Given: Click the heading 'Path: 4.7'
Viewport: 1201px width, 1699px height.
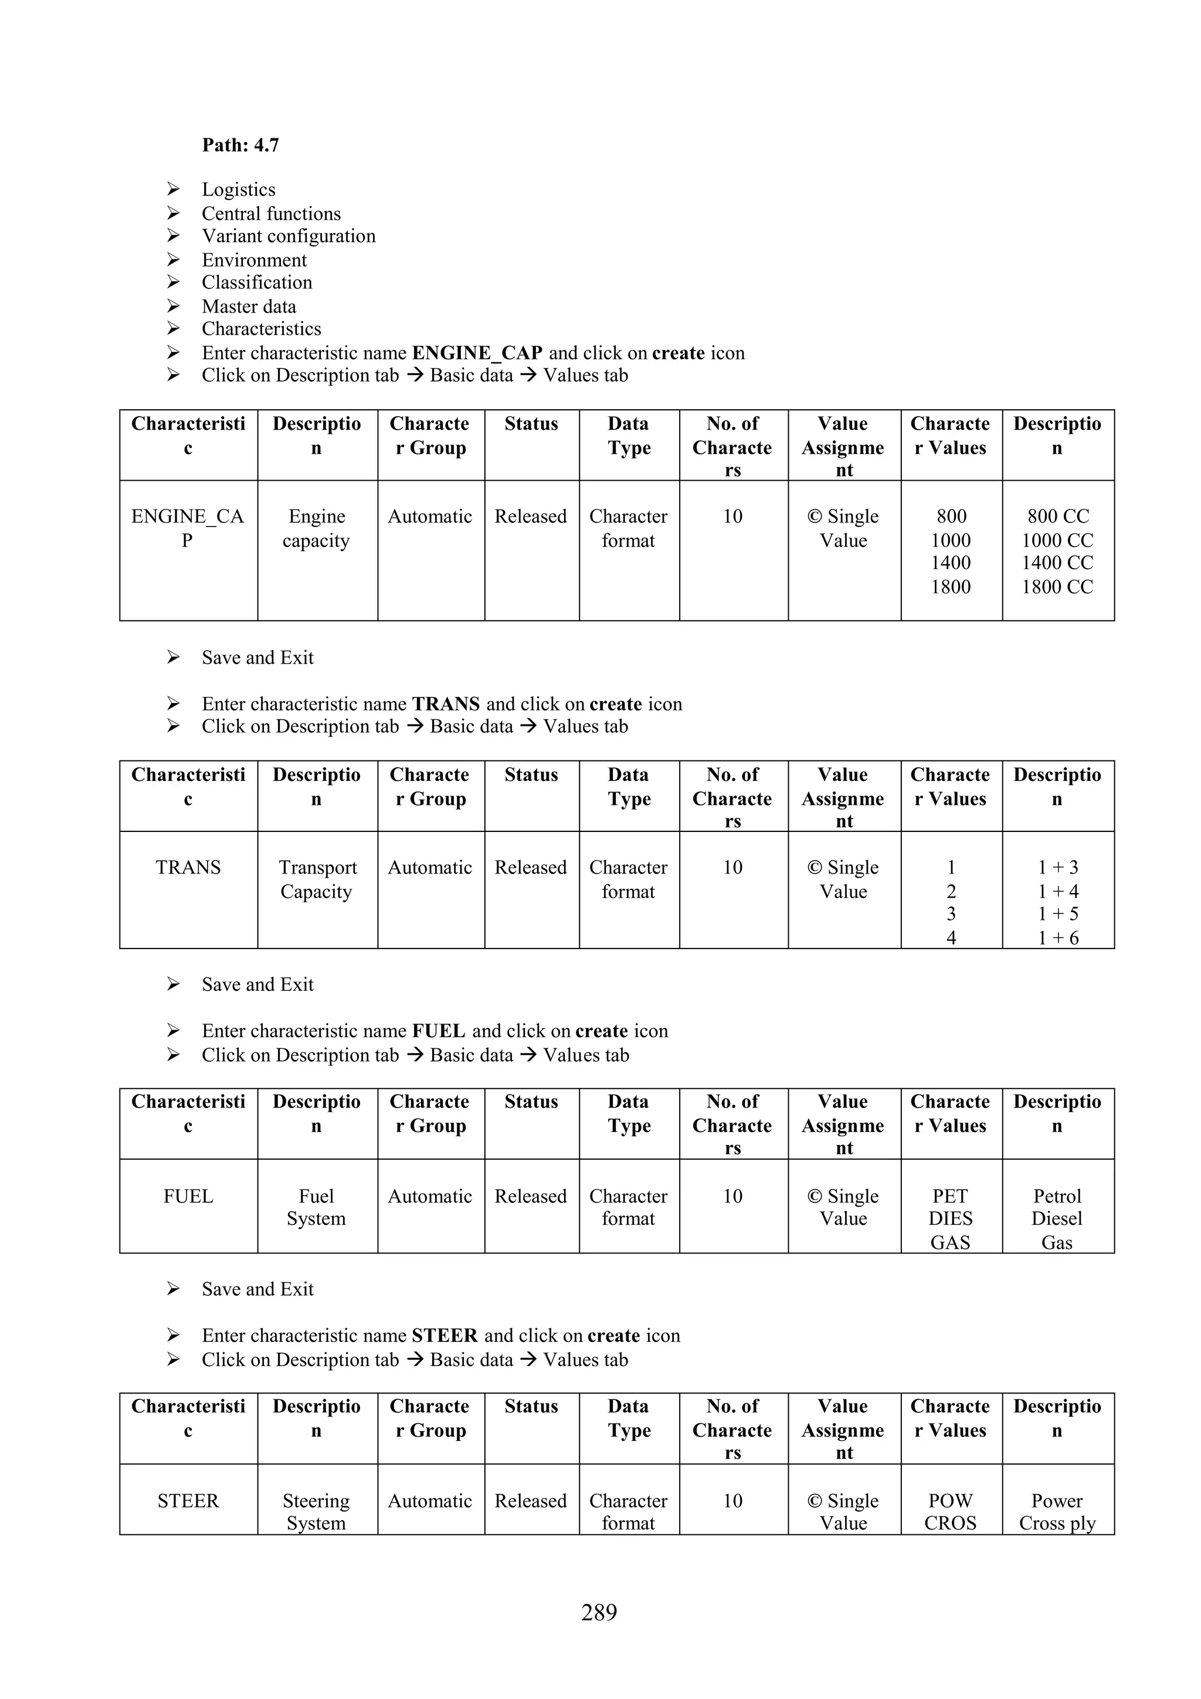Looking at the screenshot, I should tap(240, 145).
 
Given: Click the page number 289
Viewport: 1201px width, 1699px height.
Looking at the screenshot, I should tap(599, 1612).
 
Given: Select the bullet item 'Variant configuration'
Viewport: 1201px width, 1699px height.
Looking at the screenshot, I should tap(288, 236).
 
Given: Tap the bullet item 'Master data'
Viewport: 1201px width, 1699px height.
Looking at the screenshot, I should tap(249, 307).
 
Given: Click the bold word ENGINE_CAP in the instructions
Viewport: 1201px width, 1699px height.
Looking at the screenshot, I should tap(477, 353).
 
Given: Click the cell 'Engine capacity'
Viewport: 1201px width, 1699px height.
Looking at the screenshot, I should tap(316, 528).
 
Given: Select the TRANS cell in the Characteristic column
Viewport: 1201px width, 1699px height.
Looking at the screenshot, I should tap(188, 867).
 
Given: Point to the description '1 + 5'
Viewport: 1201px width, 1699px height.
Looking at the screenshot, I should tap(1057, 914).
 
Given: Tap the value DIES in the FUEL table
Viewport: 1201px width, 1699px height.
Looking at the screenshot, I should tap(950, 1219).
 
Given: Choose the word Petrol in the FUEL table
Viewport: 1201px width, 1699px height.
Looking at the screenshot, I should tap(1057, 1197).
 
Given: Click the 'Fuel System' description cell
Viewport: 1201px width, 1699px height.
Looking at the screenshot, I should tap(316, 1208).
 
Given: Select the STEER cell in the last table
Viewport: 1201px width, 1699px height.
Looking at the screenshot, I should tap(188, 1501).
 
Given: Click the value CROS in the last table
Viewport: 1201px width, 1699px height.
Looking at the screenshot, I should tap(950, 1523).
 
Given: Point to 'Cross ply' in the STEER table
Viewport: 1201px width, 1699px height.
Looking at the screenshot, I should tap(1057, 1523).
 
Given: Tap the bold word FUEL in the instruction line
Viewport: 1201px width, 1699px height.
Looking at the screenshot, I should tap(438, 1031).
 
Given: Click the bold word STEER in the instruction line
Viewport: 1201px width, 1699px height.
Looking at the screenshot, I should tap(444, 1336).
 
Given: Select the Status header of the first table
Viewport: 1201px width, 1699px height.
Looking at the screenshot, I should tap(531, 424).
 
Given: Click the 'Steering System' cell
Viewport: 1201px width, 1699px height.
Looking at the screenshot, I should tap(316, 1512).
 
